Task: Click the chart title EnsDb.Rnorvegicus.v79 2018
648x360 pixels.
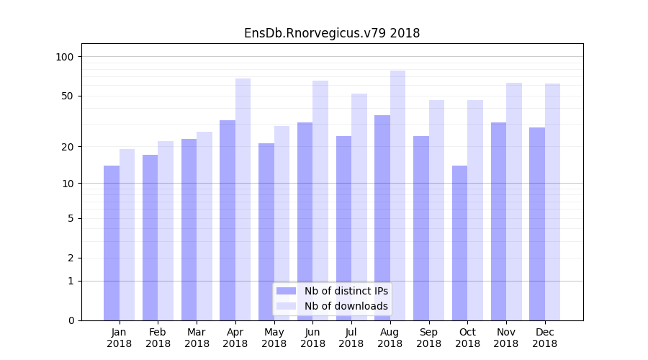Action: pos(332,33)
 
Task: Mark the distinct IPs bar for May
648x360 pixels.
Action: pos(266,231)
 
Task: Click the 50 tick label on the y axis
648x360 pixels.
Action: pos(68,96)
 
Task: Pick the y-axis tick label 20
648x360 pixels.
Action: pos(68,147)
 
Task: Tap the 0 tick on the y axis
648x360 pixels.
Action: pos(71,320)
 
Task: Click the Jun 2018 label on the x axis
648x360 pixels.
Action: pos(312,338)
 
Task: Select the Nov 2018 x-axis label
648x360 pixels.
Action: pos(506,338)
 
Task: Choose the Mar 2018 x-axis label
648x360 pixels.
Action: pos(197,338)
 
